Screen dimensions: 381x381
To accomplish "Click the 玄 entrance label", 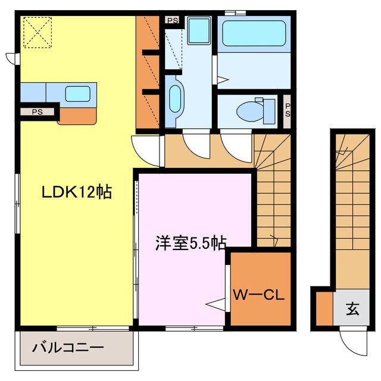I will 353,309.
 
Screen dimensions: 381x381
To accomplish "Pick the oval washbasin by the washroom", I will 175,99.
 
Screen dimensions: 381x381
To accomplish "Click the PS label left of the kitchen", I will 37,111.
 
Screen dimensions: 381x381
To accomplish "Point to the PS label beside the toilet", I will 287,111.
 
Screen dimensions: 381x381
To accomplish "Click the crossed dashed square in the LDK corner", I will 36,31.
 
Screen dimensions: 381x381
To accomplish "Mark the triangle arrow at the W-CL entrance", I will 216,304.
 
